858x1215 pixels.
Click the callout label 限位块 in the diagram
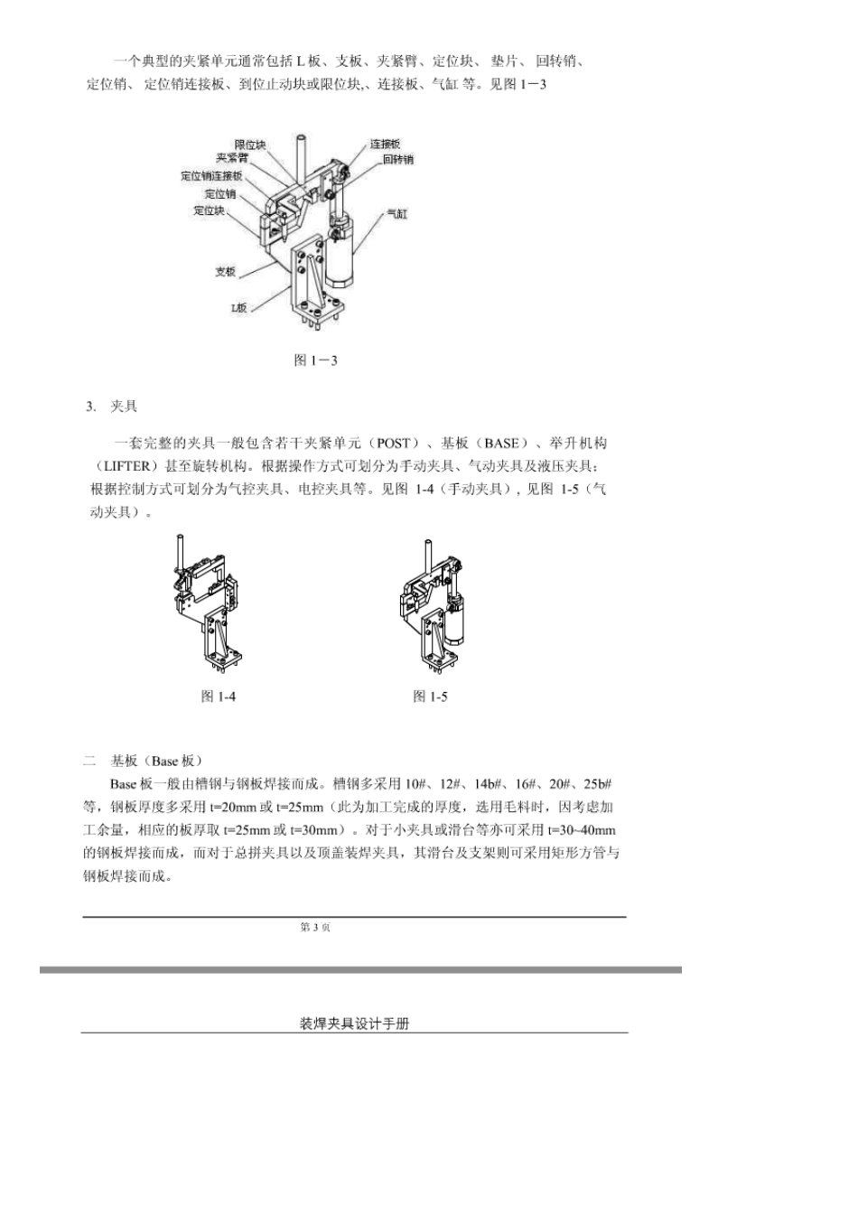(250, 145)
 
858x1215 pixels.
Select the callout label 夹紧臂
(231, 158)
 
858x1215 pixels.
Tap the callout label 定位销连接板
(211, 175)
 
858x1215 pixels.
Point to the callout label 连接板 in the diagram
(385, 144)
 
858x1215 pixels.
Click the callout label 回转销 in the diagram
(397, 159)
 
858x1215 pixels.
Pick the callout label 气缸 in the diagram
(397, 213)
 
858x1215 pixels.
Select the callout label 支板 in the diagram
(225, 271)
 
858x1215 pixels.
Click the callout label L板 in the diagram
(238, 307)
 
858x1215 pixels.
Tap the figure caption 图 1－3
(316, 360)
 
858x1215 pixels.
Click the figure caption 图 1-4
(219, 696)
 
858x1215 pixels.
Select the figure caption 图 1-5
(430, 696)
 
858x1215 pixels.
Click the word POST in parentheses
(393, 444)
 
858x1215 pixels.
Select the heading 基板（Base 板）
(157, 761)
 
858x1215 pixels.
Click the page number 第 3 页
(315, 928)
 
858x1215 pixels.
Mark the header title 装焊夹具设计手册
(354, 1023)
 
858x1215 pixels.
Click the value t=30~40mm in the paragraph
(582, 830)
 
